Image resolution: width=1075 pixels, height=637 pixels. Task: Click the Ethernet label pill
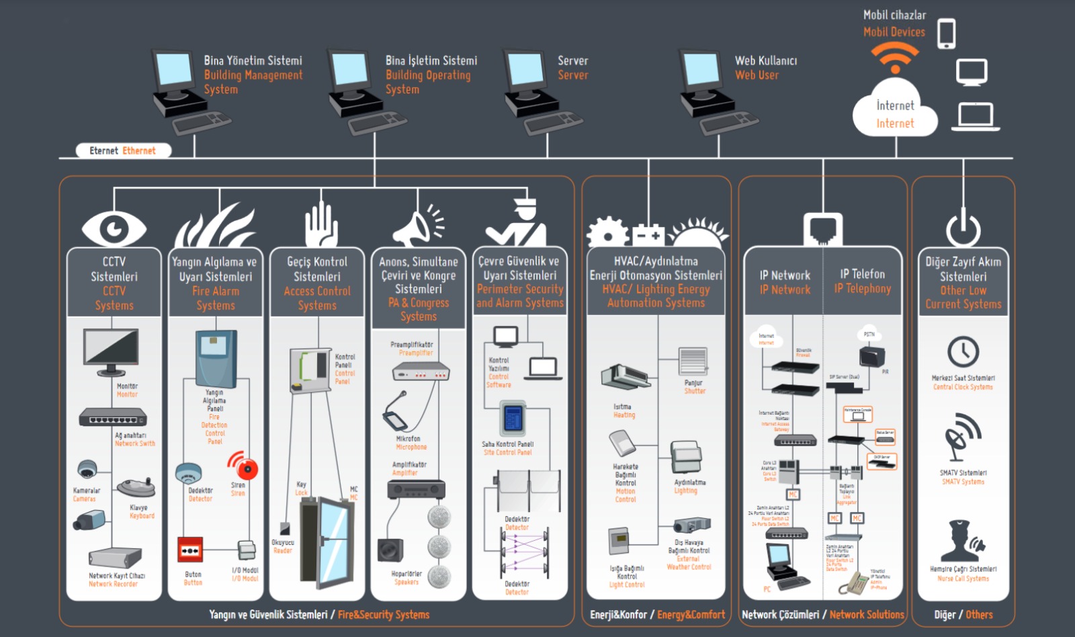click(x=122, y=151)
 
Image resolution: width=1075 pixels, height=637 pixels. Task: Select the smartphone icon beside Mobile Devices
click(x=946, y=33)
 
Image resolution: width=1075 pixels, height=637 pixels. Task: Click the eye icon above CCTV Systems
click(x=114, y=228)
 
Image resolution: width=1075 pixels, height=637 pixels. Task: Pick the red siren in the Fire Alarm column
click(x=243, y=465)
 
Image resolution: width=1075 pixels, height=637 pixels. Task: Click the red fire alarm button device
click(x=189, y=550)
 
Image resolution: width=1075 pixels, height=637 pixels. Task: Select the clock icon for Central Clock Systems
click(x=963, y=351)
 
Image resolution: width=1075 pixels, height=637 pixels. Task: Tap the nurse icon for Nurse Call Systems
click(x=963, y=540)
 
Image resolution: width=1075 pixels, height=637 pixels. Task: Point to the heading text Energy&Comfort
click(x=691, y=614)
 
